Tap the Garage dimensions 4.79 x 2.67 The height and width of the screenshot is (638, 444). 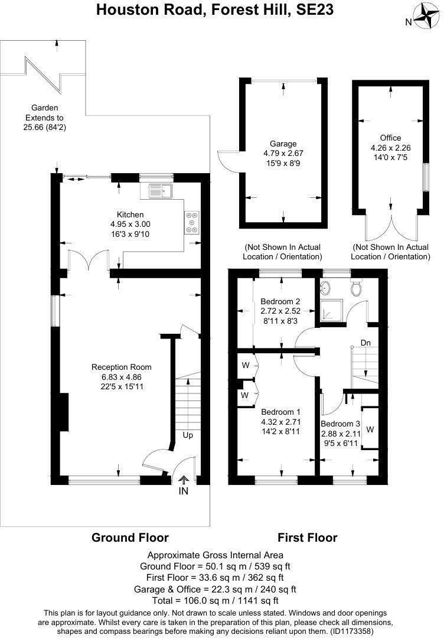(x=283, y=153)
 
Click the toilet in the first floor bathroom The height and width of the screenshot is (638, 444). (x=356, y=288)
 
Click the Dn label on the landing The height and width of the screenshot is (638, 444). (x=365, y=343)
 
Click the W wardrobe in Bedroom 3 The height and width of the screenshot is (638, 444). (x=370, y=429)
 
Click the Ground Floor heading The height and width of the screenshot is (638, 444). (x=130, y=537)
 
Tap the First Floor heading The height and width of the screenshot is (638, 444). (x=308, y=537)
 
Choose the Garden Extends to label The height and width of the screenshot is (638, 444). (x=45, y=118)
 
